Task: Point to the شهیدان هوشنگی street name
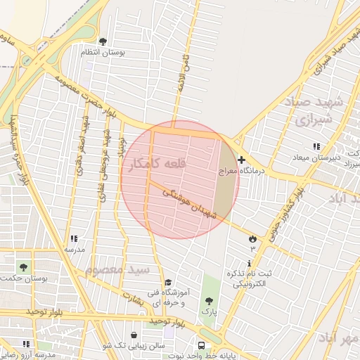pyautogui.click(x=188, y=202)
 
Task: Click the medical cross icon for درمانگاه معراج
pyautogui.click(x=242, y=160)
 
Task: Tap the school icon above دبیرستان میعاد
pyautogui.click(x=316, y=146)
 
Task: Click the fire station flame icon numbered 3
pyautogui.click(x=252, y=239)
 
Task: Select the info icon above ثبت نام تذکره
pyautogui.click(x=249, y=262)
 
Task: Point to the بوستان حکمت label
pyautogui.click(x=44, y=278)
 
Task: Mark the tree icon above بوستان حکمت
pyautogui.click(x=24, y=267)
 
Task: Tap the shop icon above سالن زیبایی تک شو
pyautogui.click(x=134, y=335)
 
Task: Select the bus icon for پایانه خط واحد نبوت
pyautogui.click(x=202, y=346)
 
